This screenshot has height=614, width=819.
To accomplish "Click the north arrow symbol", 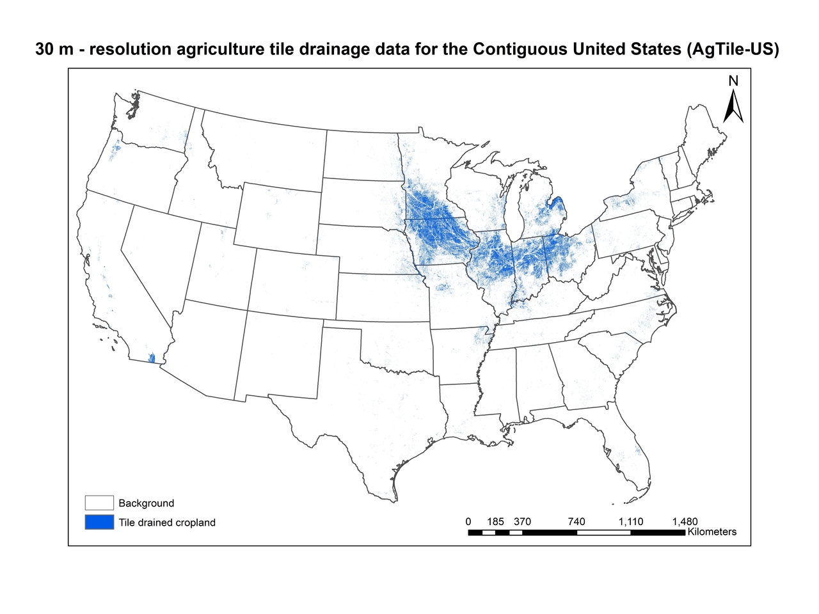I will (x=733, y=107).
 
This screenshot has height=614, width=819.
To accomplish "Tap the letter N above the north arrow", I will (x=733, y=81).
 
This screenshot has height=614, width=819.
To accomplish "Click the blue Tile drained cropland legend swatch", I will (x=99, y=522).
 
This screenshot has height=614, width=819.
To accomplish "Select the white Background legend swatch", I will (x=99, y=503).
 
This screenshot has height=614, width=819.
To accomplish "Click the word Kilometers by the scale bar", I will (x=712, y=532).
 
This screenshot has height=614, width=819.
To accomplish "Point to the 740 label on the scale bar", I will (x=576, y=521).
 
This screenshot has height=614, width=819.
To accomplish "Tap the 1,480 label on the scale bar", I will (x=685, y=521).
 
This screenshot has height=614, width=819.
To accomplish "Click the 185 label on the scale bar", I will (x=495, y=521).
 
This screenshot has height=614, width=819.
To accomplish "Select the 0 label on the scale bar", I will (x=468, y=521).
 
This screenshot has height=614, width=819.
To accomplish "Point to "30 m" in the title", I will (x=54, y=50).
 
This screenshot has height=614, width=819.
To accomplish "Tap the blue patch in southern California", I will (x=152, y=358).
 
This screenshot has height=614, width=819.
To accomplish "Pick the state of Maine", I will (x=704, y=134).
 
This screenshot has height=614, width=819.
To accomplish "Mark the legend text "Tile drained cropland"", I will (x=166, y=523).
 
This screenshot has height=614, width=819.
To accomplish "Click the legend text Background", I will (x=146, y=503).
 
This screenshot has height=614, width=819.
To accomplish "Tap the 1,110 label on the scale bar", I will (x=630, y=521).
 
